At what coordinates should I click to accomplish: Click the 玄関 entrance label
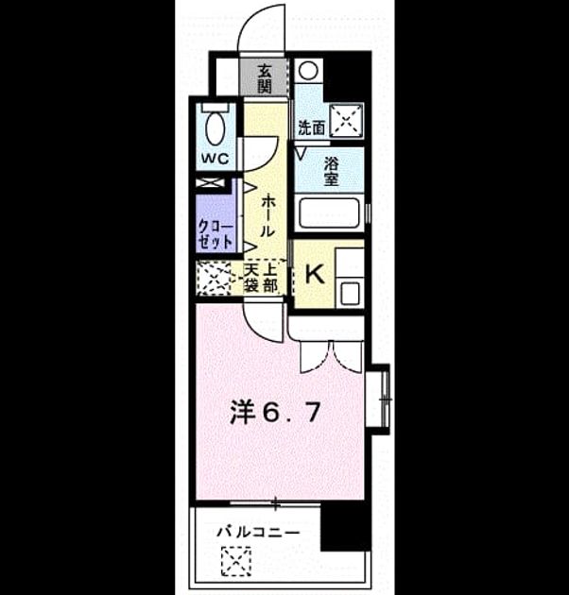[x=265, y=79]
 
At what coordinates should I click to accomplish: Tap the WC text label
[x=215, y=158]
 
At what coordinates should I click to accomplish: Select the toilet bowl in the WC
[x=215, y=127]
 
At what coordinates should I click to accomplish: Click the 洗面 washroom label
[x=312, y=127]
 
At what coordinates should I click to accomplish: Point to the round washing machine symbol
[x=308, y=71]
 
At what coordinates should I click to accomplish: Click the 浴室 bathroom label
[x=331, y=172]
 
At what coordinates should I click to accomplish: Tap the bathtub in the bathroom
[x=329, y=212]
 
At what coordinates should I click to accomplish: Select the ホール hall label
[x=267, y=215]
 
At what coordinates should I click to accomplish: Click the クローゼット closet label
[x=216, y=235]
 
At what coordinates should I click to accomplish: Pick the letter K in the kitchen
[x=315, y=274]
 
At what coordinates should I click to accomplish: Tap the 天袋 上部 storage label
[x=260, y=278]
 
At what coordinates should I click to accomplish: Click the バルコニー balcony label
[x=258, y=532]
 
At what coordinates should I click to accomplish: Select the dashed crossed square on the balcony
[x=236, y=560]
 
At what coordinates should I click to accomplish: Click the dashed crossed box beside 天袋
[x=214, y=279]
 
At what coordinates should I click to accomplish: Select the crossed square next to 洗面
[x=346, y=119]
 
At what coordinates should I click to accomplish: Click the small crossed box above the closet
[x=210, y=183]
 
